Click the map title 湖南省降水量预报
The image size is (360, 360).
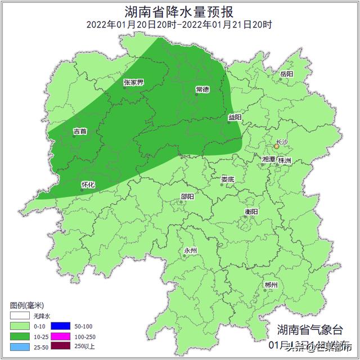pyautogui.click(x=179, y=11)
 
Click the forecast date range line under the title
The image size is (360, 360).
pyautogui.click(x=179, y=24)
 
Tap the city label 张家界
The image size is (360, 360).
pyautogui.click(x=133, y=83)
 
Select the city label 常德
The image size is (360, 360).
pyautogui.click(x=202, y=89)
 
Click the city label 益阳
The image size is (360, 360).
pyautogui.click(x=235, y=118)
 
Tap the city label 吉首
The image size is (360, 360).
pyautogui.click(x=80, y=132)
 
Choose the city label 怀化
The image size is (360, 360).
pyautogui.click(x=88, y=184)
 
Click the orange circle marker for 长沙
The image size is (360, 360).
pyautogui.click(x=276, y=147)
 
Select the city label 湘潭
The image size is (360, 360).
pyautogui.click(x=268, y=160)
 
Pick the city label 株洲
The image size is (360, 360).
pyautogui.click(x=285, y=160)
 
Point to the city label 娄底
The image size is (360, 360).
pyautogui.click(x=227, y=180)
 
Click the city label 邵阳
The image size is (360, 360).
pyautogui.click(x=187, y=196)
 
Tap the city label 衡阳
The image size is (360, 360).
pyautogui.click(x=251, y=211)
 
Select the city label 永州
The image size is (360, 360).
pyautogui.click(x=191, y=251)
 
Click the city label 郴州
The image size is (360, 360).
pyautogui.click(x=271, y=286)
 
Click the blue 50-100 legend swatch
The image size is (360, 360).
pyautogui.click(x=60, y=326)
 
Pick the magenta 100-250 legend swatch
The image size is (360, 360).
pyautogui.click(x=60, y=336)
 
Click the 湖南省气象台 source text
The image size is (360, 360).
pyautogui.click(x=309, y=330)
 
